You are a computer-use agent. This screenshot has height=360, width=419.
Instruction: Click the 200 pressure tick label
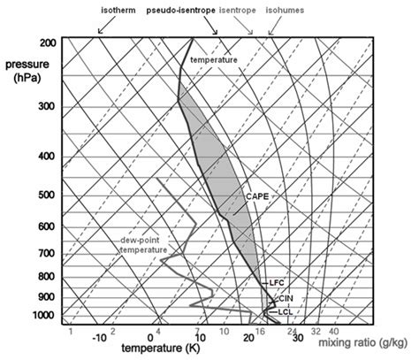(49, 43)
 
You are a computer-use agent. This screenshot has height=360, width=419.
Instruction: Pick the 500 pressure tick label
(49, 195)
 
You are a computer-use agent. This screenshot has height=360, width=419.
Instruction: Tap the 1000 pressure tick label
(47, 316)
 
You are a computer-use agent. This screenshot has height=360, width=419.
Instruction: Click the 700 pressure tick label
(49, 254)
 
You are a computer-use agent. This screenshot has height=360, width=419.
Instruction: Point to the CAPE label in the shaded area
(255, 196)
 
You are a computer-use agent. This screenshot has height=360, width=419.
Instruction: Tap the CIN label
(285, 299)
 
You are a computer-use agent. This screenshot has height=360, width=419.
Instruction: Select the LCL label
(285, 312)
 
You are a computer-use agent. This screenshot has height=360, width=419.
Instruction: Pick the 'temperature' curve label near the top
(214, 58)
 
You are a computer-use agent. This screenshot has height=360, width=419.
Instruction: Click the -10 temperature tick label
(100, 337)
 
